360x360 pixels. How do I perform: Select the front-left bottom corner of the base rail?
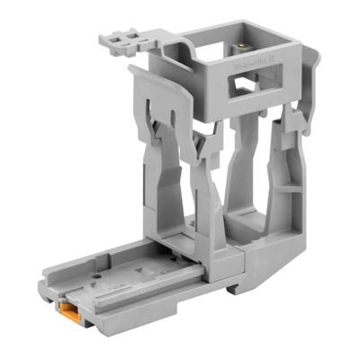(45, 296)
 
